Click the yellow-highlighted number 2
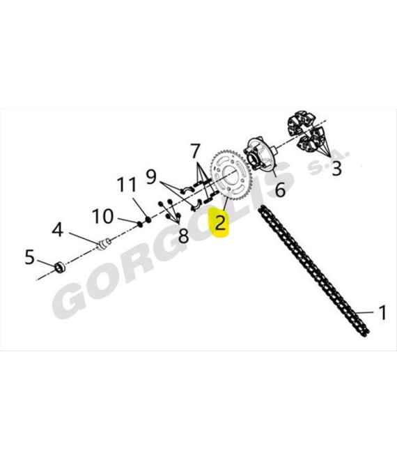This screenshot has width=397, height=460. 221,222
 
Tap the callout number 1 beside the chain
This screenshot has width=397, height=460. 382,312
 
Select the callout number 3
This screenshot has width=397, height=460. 336,169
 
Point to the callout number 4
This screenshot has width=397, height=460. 58,229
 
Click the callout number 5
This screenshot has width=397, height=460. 30,256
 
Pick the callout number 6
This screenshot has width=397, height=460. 280,189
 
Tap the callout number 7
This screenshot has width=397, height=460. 195,151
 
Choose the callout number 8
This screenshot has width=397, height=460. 184,236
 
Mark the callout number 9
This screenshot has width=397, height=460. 151,176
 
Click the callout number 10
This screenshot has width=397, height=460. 102,216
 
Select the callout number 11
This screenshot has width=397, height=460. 127,184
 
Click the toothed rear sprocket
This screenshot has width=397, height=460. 231,175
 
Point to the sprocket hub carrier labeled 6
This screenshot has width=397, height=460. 260,155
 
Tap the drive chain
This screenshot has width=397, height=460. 313,271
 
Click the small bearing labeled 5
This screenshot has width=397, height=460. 61,267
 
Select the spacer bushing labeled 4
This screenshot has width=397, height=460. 104,245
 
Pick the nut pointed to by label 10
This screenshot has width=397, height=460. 140,224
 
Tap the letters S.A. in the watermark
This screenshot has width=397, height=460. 329,162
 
